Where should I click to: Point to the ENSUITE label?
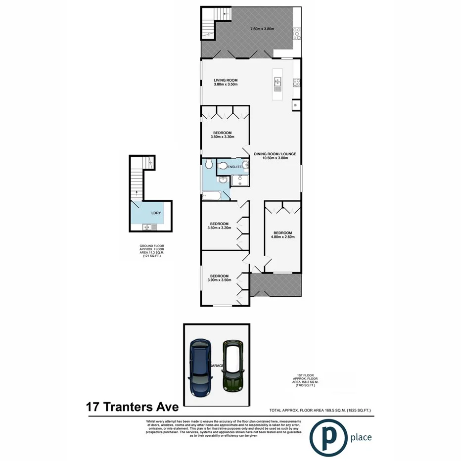tap(234, 167)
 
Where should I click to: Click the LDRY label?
tap(156, 214)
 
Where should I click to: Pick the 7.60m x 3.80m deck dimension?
tap(262, 29)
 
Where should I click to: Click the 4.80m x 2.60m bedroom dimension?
tap(282, 237)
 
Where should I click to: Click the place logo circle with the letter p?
tap(327, 436)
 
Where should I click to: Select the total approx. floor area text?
tap(320, 410)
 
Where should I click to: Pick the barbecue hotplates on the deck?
tap(297, 34)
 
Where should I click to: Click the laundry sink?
tap(148, 227)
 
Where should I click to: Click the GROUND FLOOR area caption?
tap(152, 251)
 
